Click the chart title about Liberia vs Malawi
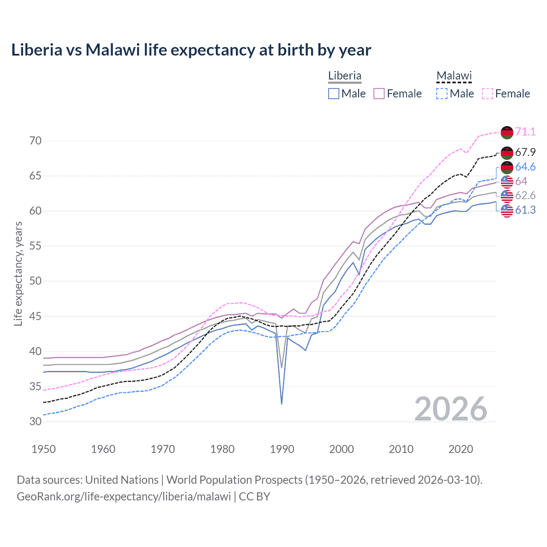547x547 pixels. tap(191, 50)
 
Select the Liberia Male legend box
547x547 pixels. tap(334, 94)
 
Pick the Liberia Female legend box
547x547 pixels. tap(379, 94)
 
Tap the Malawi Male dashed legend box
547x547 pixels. tap(442, 94)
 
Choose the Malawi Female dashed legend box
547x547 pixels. tap(487, 94)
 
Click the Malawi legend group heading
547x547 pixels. tap(454, 76)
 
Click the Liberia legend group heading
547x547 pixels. tap(344, 76)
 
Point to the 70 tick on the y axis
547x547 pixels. tap(36, 141)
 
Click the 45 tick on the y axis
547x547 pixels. tap(36, 316)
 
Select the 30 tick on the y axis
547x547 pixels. tap(36, 421)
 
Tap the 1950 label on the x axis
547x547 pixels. tap(44, 449)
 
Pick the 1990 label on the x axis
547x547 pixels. tap(282, 449)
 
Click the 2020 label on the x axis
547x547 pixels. tap(461, 449)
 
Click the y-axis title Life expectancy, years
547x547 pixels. tap(18, 273)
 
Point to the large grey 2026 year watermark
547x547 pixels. tap(451, 409)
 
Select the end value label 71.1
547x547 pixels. tap(525, 132)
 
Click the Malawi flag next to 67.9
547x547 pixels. tap(507, 153)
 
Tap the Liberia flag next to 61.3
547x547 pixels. tap(507, 210)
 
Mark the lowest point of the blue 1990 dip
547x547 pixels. tap(282, 404)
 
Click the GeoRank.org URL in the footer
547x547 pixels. tap(124, 497)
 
